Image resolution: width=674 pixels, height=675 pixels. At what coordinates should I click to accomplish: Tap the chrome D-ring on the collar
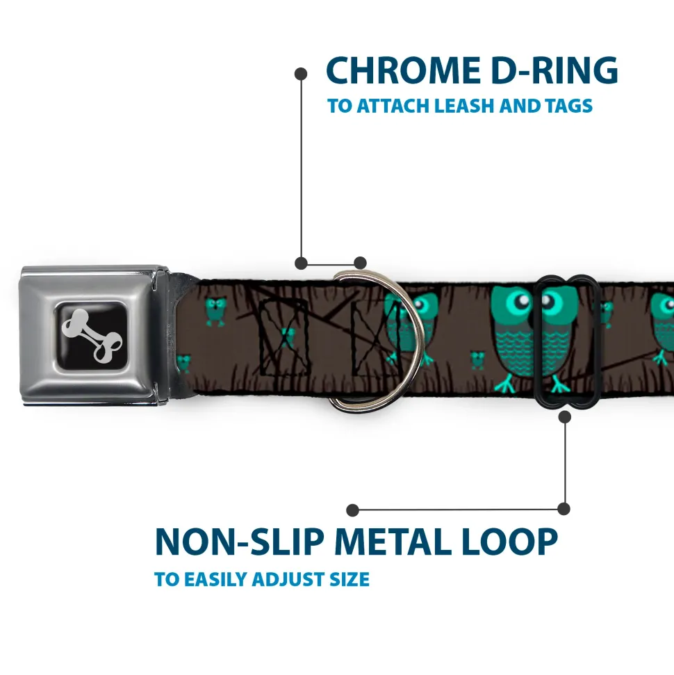[x=377, y=340]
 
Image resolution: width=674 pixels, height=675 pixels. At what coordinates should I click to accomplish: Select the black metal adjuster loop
[x=566, y=341]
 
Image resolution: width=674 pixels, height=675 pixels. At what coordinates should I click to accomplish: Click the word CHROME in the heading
[x=403, y=70]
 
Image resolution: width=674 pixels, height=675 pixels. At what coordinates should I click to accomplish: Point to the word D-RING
[x=554, y=70]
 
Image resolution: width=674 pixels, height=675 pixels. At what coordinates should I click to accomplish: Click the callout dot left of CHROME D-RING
[x=301, y=74]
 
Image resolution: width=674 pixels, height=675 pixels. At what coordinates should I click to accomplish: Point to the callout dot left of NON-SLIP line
[x=352, y=510]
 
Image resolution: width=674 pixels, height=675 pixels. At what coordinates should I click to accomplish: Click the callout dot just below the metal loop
[x=564, y=416]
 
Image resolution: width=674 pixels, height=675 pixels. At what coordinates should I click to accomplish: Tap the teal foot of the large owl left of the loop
[x=505, y=385]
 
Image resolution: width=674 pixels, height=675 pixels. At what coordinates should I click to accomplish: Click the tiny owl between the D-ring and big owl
[x=477, y=361]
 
